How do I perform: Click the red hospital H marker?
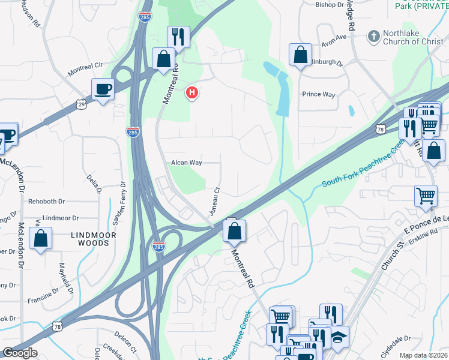(192, 93)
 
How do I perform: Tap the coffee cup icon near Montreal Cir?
(103, 89)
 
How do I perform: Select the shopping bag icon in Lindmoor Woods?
(40, 238)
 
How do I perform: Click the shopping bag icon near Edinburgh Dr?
(300, 55)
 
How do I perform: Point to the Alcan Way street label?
(187, 163)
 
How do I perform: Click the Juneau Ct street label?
(213, 202)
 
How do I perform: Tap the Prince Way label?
(318, 94)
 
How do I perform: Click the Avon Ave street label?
(334, 37)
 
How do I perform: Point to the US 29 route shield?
(81, 104)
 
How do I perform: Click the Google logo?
(19, 353)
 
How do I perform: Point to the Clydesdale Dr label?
(406, 338)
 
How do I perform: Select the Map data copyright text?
(423, 355)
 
